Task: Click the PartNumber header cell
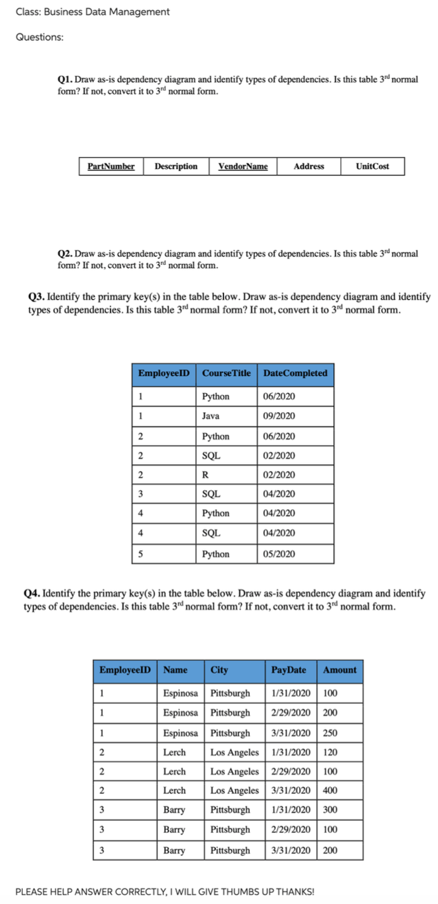(x=111, y=167)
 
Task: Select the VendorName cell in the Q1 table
(x=243, y=167)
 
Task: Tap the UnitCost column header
(x=372, y=167)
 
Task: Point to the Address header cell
(x=309, y=167)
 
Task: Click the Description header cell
(x=176, y=167)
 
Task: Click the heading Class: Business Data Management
(x=92, y=12)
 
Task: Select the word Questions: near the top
(x=39, y=37)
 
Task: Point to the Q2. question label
(x=65, y=254)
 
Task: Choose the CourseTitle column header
(x=227, y=373)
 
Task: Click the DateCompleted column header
(x=295, y=373)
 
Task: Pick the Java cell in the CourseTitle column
(x=211, y=416)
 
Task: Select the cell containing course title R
(x=205, y=475)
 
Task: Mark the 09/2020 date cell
(x=279, y=416)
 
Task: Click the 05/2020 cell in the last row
(x=279, y=555)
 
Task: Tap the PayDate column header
(x=288, y=670)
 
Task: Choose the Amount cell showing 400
(x=330, y=790)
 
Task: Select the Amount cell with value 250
(x=330, y=734)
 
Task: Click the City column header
(x=220, y=670)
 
